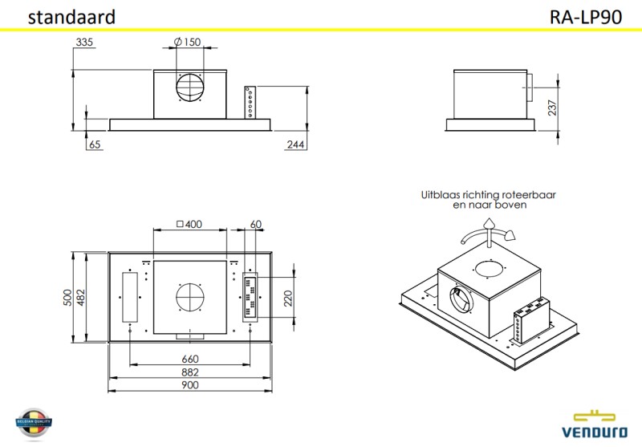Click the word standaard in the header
pyautogui.click(x=71, y=17)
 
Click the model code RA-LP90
pyautogui.click(x=586, y=17)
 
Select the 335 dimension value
pyautogui.click(x=86, y=42)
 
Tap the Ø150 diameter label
pyautogui.click(x=187, y=42)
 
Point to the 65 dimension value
pyautogui.click(x=95, y=145)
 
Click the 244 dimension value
pyautogui.click(x=295, y=145)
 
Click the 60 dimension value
pyautogui.click(x=256, y=225)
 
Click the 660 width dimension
pyautogui.click(x=189, y=359)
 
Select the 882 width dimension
pyautogui.click(x=189, y=372)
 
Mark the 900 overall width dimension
pyautogui.click(x=189, y=385)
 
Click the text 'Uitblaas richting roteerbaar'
pyautogui.click(x=489, y=195)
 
